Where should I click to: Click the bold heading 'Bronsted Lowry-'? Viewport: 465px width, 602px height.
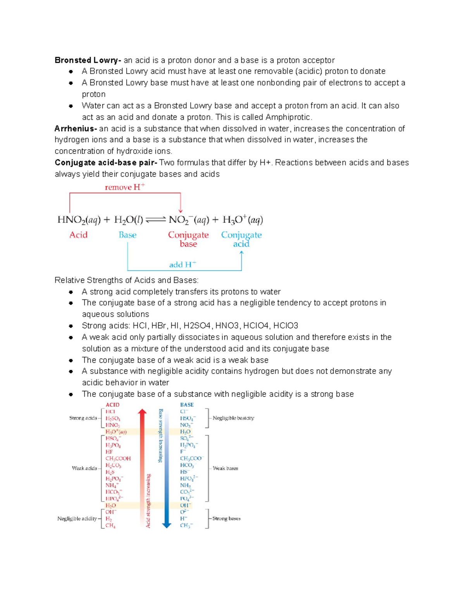coord(88,60)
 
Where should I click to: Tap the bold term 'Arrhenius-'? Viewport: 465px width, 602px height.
coord(75,128)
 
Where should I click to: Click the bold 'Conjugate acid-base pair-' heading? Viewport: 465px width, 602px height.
coord(106,162)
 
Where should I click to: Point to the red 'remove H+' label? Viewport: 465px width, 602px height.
coord(125,187)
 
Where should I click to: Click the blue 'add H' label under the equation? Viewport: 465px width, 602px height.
coord(183,265)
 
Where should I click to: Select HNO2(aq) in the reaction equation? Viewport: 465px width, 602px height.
coord(79,220)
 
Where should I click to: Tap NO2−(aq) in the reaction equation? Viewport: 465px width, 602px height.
coord(188,220)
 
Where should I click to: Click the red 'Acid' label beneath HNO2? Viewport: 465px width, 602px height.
coord(78,235)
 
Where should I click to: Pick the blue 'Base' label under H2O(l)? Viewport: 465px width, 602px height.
coord(127,235)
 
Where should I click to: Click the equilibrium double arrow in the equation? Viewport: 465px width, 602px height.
coord(156,220)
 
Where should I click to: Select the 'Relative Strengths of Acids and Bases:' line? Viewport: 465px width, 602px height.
coord(126,280)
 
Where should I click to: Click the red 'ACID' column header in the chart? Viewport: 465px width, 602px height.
coord(112,405)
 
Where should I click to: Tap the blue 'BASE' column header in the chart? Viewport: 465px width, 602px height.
coord(187,405)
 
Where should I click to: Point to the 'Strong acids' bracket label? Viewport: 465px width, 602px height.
coord(83,418)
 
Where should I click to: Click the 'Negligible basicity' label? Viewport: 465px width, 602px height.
coord(233,418)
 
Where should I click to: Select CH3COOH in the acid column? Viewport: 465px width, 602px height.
coord(118,458)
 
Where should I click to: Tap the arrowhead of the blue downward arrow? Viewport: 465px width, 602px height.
coord(167,525)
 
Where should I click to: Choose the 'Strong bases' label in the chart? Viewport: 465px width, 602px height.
coord(226,518)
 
